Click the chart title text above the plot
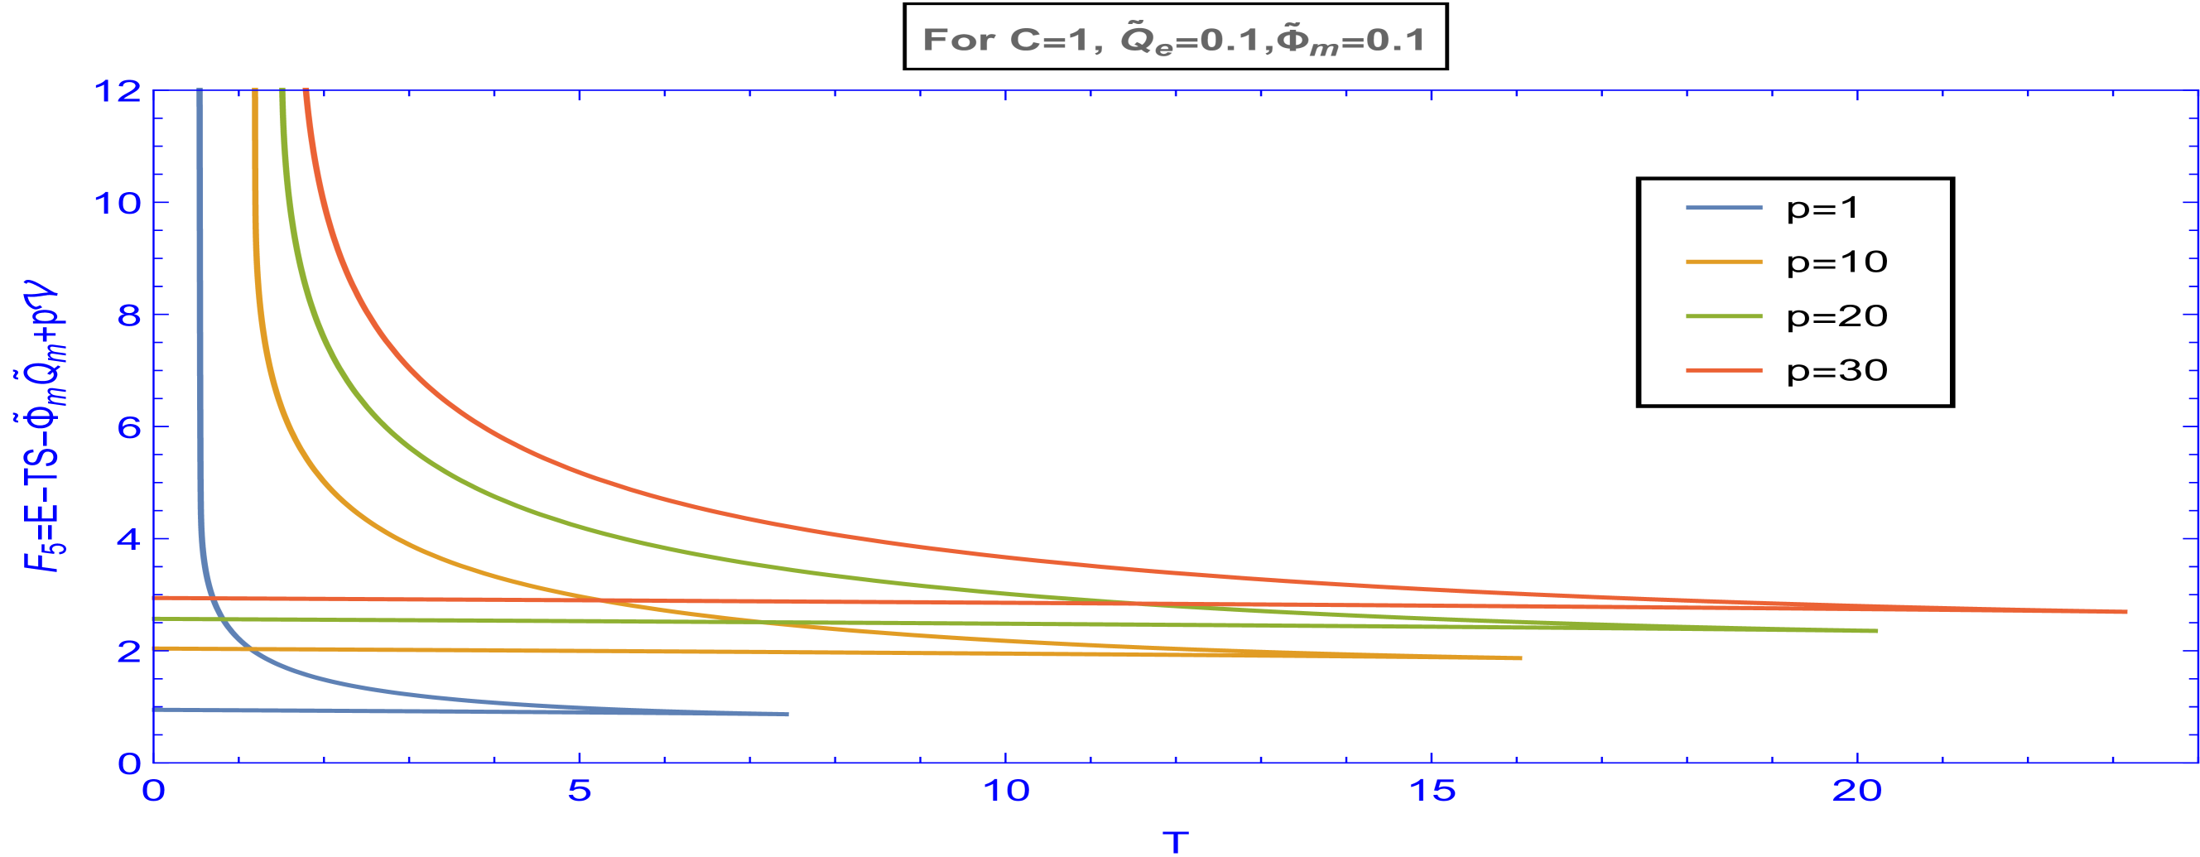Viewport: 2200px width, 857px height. [x=1173, y=40]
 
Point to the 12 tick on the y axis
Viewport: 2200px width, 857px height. [x=119, y=89]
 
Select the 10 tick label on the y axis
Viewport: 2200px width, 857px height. [x=119, y=203]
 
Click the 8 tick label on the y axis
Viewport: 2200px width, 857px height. [x=129, y=315]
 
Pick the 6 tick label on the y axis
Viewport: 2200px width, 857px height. [x=129, y=426]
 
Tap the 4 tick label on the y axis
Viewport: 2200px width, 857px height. [x=129, y=538]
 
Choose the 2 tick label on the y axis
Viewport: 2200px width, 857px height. [x=129, y=651]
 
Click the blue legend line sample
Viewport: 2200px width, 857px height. [x=1723, y=208]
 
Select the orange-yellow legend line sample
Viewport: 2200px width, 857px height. [x=1723, y=262]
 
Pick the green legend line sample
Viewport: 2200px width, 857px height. [x=1723, y=316]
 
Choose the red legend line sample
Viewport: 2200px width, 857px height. [x=1723, y=370]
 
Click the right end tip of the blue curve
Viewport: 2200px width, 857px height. [x=787, y=714]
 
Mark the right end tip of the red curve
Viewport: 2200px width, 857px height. [x=2126, y=612]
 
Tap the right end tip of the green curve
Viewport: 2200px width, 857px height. [x=1876, y=631]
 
